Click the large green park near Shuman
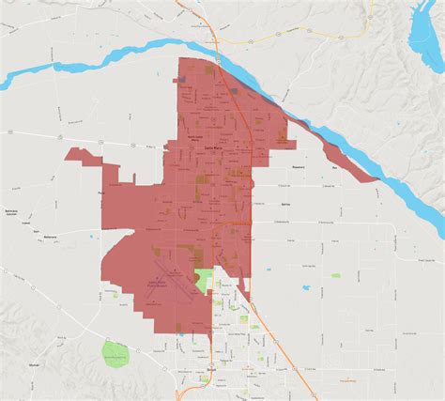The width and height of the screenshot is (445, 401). tap(115, 354)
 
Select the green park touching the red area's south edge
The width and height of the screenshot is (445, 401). tap(204, 279)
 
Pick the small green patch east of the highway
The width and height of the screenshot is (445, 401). tap(335, 275)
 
